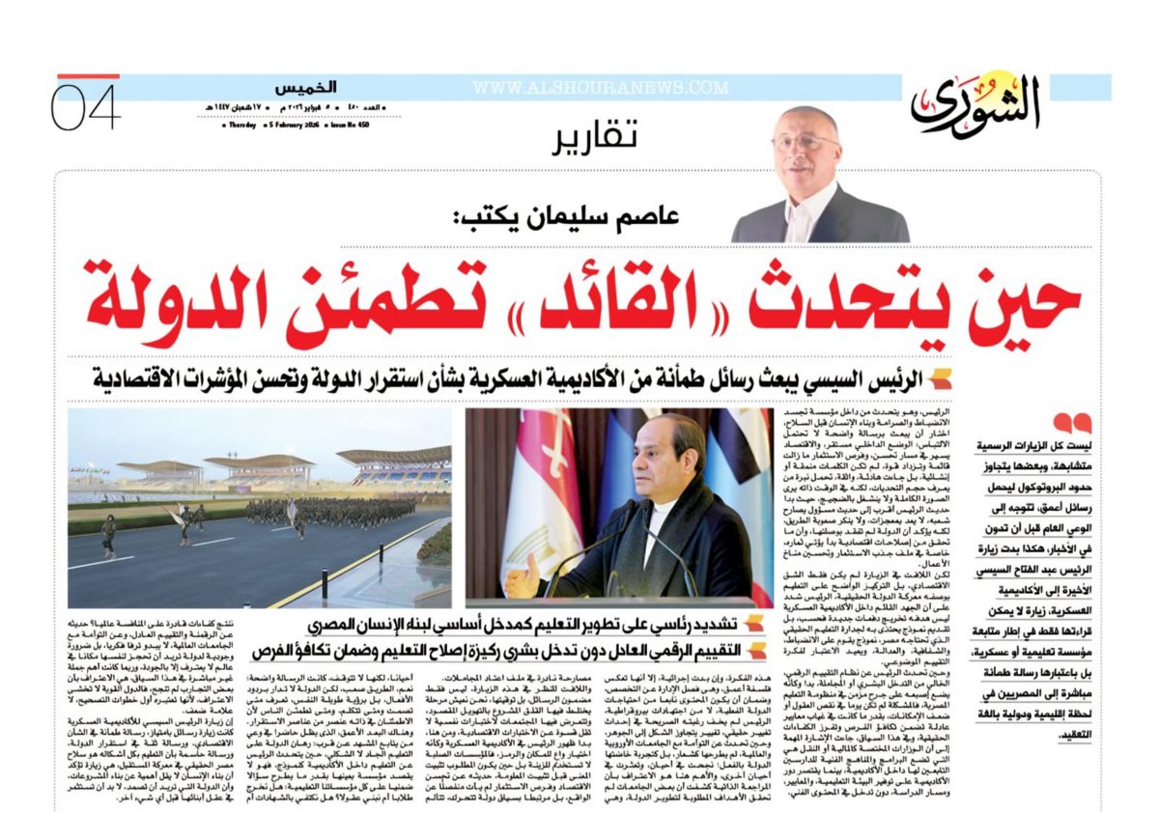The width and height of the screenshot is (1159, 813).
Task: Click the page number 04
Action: (86, 107)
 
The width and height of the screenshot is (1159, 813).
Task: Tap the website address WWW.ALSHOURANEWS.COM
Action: (600, 88)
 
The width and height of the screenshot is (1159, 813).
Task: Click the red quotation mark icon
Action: (1071, 423)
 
